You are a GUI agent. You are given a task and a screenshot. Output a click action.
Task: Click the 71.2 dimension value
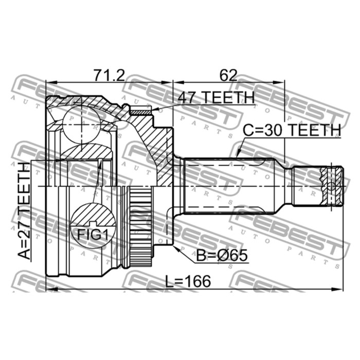109,75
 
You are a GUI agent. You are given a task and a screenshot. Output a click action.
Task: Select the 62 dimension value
228,75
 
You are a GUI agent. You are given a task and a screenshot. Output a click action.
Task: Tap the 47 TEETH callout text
217,97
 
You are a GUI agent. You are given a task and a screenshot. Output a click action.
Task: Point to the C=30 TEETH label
292,130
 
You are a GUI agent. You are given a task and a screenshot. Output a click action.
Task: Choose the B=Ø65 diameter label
222,255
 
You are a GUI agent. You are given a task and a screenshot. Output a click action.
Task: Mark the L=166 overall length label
188,281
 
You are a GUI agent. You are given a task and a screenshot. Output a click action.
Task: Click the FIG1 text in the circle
93,235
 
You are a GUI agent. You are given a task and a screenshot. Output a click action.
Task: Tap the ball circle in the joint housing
81,124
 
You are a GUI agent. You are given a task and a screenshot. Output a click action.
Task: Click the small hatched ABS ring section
140,112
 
